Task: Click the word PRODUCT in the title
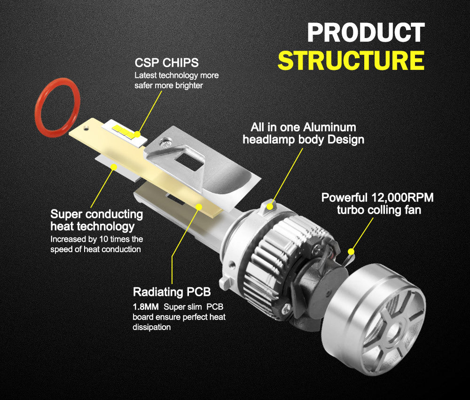[x=366, y=33]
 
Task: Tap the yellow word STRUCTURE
[x=351, y=61]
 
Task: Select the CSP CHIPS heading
[x=167, y=63]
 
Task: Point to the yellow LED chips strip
[x=125, y=132]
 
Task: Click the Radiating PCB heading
[x=172, y=292]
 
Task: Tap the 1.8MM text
[x=146, y=307]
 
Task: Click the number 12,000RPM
[x=402, y=198]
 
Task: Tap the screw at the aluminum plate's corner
[x=164, y=143]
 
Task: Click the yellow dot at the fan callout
[x=351, y=252]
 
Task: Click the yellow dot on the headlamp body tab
[x=270, y=206]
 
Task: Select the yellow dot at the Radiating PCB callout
[x=198, y=207]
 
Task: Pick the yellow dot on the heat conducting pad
[x=114, y=167]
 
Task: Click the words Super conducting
[x=96, y=215]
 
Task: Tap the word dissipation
[x=152, y=327]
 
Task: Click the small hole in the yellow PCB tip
[x=86, y=129]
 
